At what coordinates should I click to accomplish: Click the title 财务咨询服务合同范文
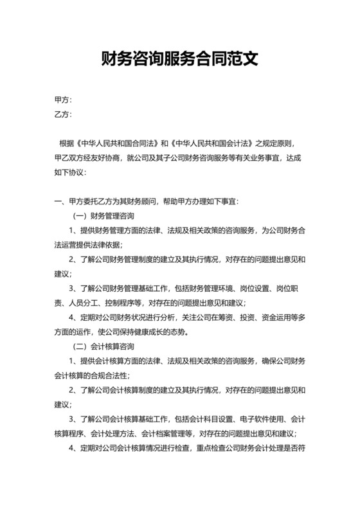point(179,60)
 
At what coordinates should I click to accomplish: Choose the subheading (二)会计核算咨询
point(102,346)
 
